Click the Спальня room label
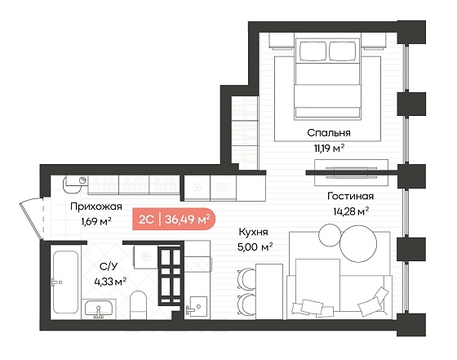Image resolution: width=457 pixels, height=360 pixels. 328,133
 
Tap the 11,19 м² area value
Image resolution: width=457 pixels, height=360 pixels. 329,149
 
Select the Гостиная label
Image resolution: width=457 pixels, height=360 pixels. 350,196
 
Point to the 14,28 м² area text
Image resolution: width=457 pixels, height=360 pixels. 351,211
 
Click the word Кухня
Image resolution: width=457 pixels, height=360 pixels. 253,232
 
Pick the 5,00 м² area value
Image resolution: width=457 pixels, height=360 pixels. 255,247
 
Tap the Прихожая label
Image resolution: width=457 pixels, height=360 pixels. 96,207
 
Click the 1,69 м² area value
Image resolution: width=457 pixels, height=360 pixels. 96,222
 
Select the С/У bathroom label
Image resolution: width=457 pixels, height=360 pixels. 109,266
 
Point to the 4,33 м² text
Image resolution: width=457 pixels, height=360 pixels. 110,282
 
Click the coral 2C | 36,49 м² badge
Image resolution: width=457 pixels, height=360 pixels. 174,219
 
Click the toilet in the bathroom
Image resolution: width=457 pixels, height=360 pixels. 138,304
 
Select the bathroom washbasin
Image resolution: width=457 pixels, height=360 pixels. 99,309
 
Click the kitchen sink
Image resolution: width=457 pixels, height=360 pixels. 197,306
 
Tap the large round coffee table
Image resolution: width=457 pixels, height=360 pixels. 358,244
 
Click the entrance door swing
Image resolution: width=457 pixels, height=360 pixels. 32,218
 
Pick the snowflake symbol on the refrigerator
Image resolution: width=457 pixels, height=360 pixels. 197,188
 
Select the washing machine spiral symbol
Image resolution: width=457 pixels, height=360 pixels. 146,256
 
